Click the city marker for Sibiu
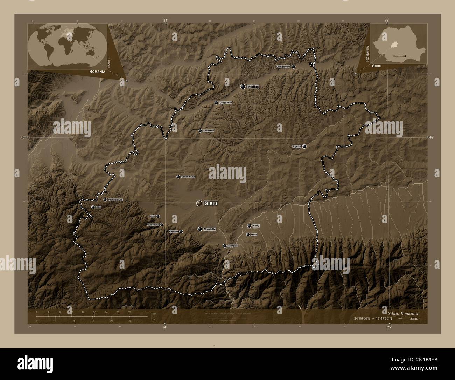tap(199, 203)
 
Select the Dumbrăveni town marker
tap(293, 66)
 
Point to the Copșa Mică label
tap(226, 103)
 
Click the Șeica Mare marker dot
tap(200, 131)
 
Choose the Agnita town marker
tap(304, 146)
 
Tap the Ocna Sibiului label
tap(188, 177)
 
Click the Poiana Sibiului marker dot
tap(105, 200)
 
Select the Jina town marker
tap(93, 207)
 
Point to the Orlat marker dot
tap(158, 216)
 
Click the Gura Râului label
tap(153, 225)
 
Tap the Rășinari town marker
tap(181, 231)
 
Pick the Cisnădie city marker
tap(199, 229)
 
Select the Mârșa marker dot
tap(248, 234)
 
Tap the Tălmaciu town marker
tap(224, 246)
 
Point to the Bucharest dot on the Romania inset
tap(405, 56)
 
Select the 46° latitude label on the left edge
tap(22, 138)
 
